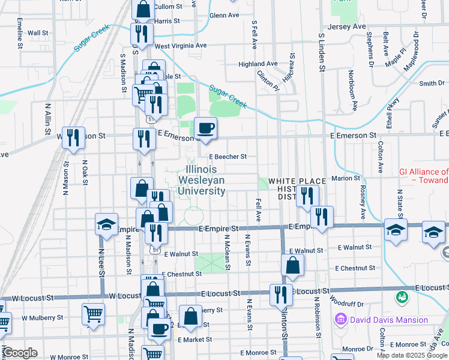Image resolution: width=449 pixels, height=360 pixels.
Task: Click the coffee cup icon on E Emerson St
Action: point(206,128)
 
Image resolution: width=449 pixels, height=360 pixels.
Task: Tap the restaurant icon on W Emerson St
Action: point(73,138)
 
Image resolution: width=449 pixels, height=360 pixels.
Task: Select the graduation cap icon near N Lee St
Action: point(106,226)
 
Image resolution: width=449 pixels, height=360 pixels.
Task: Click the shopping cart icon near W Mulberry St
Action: point(93,314)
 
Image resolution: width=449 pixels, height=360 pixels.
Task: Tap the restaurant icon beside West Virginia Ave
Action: point(142,34)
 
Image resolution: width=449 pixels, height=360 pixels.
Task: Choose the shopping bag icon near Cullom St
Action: point(143,10)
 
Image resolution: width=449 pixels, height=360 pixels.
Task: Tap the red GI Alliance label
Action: point(424,175)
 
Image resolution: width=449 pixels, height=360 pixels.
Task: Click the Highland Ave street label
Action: point(258,64)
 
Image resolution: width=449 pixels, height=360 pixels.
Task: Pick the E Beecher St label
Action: point(228,157)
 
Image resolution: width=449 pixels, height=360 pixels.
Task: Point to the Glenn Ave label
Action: point(224,16)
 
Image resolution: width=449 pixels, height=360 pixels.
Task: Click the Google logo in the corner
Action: point(20,353)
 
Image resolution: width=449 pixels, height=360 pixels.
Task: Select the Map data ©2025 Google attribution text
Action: point(411,355)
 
